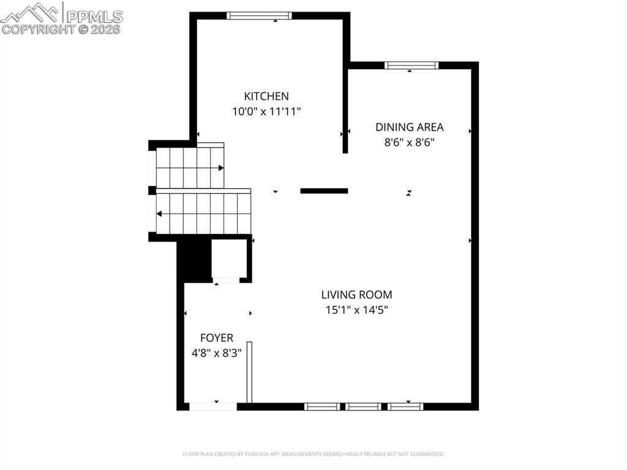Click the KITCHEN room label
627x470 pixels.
point(266,96)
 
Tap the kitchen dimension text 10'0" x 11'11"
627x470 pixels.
point(266,112)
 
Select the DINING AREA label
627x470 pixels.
point(409,127)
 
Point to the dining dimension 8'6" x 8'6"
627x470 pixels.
point(409,143)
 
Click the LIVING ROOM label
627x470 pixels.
point(356,295)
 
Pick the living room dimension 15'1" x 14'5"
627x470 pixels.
point(356,310)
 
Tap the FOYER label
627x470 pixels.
point(217,338)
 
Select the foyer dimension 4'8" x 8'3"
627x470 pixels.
point(217,353)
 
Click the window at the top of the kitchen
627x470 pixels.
point(259,16)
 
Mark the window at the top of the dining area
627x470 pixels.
point(411,66)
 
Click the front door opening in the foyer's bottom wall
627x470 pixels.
point(212,406)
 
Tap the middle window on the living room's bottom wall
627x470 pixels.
point(362,406)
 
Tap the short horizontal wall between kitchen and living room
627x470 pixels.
point(324,191)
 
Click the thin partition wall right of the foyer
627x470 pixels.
point(249,372)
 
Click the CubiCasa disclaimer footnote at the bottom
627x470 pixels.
point(313,454)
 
